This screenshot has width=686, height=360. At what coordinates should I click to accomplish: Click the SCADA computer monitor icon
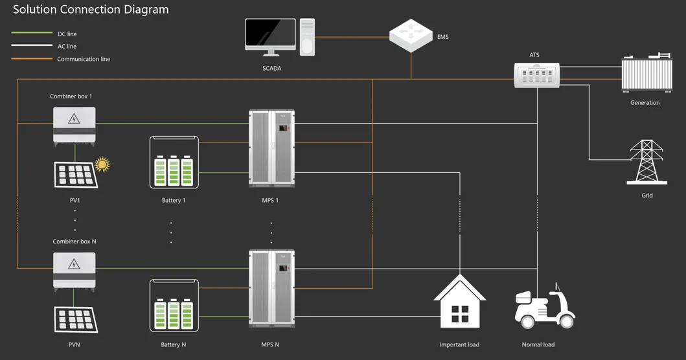(271, 37)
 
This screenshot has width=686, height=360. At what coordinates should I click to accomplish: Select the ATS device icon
(537, 75)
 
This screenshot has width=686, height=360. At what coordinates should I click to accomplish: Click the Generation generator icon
(645, 74)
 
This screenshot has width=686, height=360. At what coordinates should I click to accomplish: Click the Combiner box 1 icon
(74, 125)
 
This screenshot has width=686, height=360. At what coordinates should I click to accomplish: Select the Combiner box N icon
(74, 270)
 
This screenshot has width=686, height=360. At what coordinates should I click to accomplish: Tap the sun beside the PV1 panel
(102, 164)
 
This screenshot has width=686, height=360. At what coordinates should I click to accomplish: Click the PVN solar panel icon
(76, 320)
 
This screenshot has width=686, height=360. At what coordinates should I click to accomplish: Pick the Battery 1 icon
(174, 162)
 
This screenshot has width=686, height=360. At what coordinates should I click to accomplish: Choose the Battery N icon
(174, 306)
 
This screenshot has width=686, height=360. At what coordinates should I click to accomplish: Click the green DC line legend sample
(32, 33)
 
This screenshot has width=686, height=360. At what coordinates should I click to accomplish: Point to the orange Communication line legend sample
(32, 59)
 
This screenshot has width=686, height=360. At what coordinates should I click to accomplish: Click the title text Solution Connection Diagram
(91, 10)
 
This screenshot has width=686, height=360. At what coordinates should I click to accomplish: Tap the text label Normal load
(538, 344)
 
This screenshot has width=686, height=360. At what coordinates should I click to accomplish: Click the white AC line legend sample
(32, 46)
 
